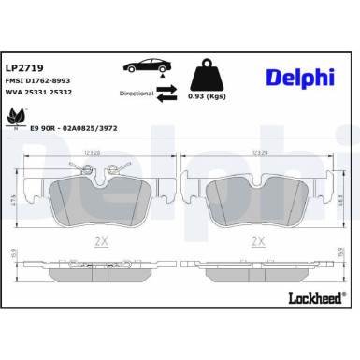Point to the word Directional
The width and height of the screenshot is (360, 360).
click(136, 94)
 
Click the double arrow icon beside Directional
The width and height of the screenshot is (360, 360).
click(167, 91)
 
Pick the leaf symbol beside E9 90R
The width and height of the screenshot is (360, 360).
click(17, 117)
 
